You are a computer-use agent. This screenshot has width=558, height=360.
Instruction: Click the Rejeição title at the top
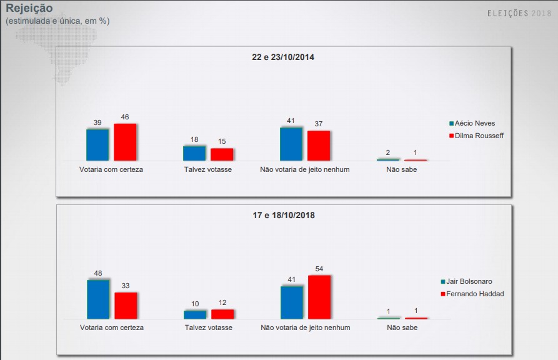(x=29, y=8)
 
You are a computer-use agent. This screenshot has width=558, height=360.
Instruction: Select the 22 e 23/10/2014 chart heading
(x=283, y=57)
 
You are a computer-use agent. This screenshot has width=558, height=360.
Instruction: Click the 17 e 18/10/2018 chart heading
(x=283, y=216)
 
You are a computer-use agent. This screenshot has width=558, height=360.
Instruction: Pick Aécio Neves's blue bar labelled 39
(x=97, y=144)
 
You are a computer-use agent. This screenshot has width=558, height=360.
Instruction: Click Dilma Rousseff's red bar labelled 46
(x=125, y=142)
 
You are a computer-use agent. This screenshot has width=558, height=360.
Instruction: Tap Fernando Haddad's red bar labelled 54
(x=319, y=297)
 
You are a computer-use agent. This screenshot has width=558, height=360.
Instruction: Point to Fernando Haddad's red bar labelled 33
(x=126, y=305)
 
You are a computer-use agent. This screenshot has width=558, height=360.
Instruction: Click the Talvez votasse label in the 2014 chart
(x=208, y=169)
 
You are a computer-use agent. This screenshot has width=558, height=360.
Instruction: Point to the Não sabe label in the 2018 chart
(x=402, y=327)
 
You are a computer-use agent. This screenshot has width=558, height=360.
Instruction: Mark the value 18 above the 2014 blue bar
(x=194, y=139)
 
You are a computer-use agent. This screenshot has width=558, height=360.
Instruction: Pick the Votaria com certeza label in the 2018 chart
(x=112, y=327)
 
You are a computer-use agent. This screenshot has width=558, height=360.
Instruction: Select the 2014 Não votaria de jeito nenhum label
(x=305, y=169)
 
